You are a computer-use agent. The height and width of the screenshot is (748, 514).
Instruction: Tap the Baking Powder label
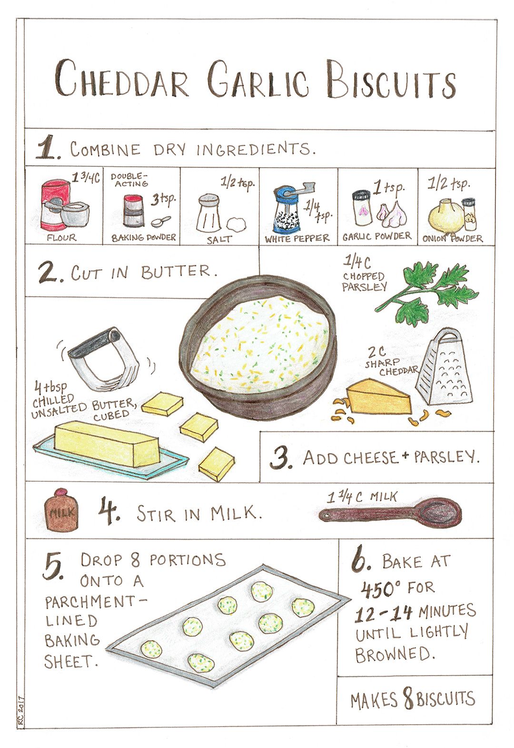tap(143, 237)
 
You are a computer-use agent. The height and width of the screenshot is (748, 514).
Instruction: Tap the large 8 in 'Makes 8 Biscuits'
tap(407, 697)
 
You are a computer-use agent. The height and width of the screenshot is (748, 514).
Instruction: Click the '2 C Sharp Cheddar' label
tap(390, 361)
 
